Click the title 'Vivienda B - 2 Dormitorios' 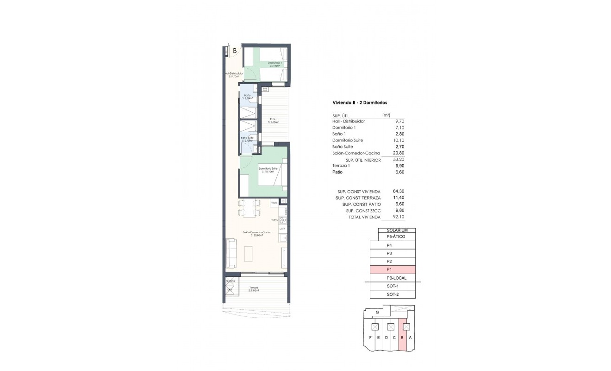click(x=360, y=102)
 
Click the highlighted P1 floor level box click(x=393, y=269)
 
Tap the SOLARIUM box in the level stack click(x=396, y=230)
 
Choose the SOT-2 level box click(x=393, y=294)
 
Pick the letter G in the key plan click(x=378, y=313)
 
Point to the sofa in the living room click(x=231, y=253)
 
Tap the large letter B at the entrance click(x=235, y=51)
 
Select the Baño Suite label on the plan click(x=247, y=138)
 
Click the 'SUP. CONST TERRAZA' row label click(x=358, y=198)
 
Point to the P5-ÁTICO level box click(x=393, y=237)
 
